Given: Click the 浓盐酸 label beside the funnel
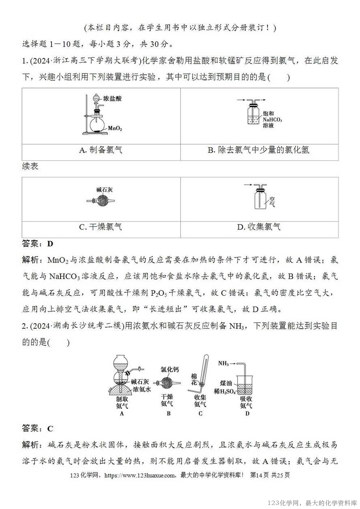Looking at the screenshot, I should click(x=112, y=99).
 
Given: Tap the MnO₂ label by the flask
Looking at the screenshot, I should click(x=115, y=128).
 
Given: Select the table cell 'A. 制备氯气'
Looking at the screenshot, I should click(x=101, y=150).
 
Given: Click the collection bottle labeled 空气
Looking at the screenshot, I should click(x=260, y=199).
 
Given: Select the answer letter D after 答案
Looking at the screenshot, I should click(x=50, y=244).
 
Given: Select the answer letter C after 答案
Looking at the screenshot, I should click(x=50, y=429).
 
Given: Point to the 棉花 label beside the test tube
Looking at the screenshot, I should click(x=194, y=380).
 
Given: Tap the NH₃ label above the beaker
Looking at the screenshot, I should click(x=224, y=363).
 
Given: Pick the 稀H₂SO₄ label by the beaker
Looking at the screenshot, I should click(x=225, y=391).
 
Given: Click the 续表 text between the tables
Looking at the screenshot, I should click(x=30, y=167).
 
